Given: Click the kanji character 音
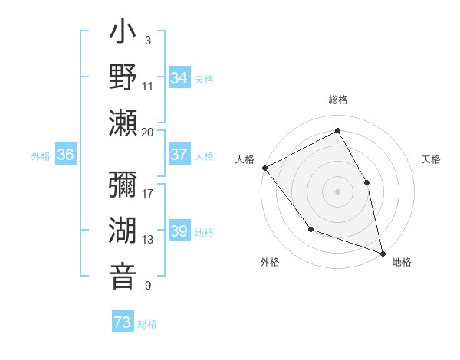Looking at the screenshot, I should pyautogui.click(x=124, y=276).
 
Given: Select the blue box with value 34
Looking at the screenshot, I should pyautogui.click(x=179, y=77).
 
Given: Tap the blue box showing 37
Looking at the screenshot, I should pyautogui.click(x=179, y=155).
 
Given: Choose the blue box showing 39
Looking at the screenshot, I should pyautogui.click(x=179, y=231).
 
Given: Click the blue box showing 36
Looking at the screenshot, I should pyautogui.click(x=66, y=155).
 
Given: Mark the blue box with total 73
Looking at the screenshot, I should pyautogui.click(x=123, y=322).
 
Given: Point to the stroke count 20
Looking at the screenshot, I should pyautogui.click(x=148, y=132).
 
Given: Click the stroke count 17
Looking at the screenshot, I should pyautogui.click(x=148, y=193).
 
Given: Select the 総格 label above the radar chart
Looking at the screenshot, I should pyautogui.click(x=338, y=100).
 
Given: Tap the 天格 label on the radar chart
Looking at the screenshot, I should pyautogui.click(x=432, y=159).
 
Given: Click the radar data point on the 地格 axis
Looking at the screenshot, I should pyautogui.click(x=382, y=252).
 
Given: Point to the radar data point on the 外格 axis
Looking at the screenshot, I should pyautogui.click(x=310, y=229).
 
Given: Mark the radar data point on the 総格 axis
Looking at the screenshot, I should pyautogui.click(x=338, y=130).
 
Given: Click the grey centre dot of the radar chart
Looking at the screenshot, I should pyautogui.click(x=338, y=191).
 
